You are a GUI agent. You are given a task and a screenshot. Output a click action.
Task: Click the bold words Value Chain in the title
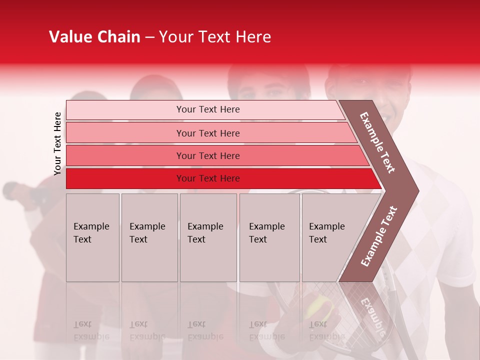(94, 37)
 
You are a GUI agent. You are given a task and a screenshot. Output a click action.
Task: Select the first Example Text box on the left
(92, 237)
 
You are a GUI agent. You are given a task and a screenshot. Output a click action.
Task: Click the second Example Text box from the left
(149, 237)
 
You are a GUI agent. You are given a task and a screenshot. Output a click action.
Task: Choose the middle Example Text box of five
(208, 237)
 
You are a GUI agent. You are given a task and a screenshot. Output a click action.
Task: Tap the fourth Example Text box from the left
(269, 237)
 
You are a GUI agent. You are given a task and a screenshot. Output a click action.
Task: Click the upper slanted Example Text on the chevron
(377, 142)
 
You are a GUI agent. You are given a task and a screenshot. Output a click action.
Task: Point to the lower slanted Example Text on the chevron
(378, 236)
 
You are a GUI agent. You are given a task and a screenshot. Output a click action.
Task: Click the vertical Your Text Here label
(57, 143)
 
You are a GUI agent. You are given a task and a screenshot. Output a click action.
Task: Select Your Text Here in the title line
(215, 37)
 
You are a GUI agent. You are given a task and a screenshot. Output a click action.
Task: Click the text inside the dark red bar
(208, 178)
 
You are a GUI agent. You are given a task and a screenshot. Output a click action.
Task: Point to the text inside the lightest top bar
(208, 109)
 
